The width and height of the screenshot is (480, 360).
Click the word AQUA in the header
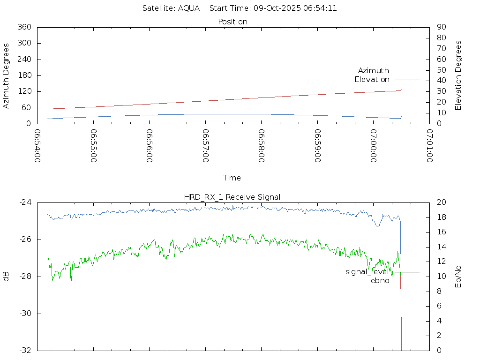click(189, 8)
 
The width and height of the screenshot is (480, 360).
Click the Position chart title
click(233, 22)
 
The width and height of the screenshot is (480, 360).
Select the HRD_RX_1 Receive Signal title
click(232, 197)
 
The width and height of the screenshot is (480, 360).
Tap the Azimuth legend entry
click(374, 71)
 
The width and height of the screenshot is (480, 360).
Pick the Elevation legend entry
click(372, 80)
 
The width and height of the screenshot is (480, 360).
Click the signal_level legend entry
click(367, 272)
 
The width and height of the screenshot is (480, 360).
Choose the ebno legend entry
click(380, 281)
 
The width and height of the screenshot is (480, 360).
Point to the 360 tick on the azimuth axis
click(23, 27)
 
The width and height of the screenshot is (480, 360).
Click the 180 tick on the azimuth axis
click(23, 75)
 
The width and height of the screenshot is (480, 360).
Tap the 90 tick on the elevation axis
click(441, 27)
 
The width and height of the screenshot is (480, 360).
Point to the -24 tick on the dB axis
click(24, 202)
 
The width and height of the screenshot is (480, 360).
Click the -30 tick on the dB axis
click(24, 314)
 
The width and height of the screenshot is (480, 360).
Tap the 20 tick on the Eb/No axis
click(441, 202)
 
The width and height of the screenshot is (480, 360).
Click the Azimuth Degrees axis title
click(7, 75)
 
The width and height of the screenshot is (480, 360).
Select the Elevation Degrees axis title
click(458, 75)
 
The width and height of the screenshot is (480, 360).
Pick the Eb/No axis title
click(458, 276)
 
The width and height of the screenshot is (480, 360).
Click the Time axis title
click(232, 178)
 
